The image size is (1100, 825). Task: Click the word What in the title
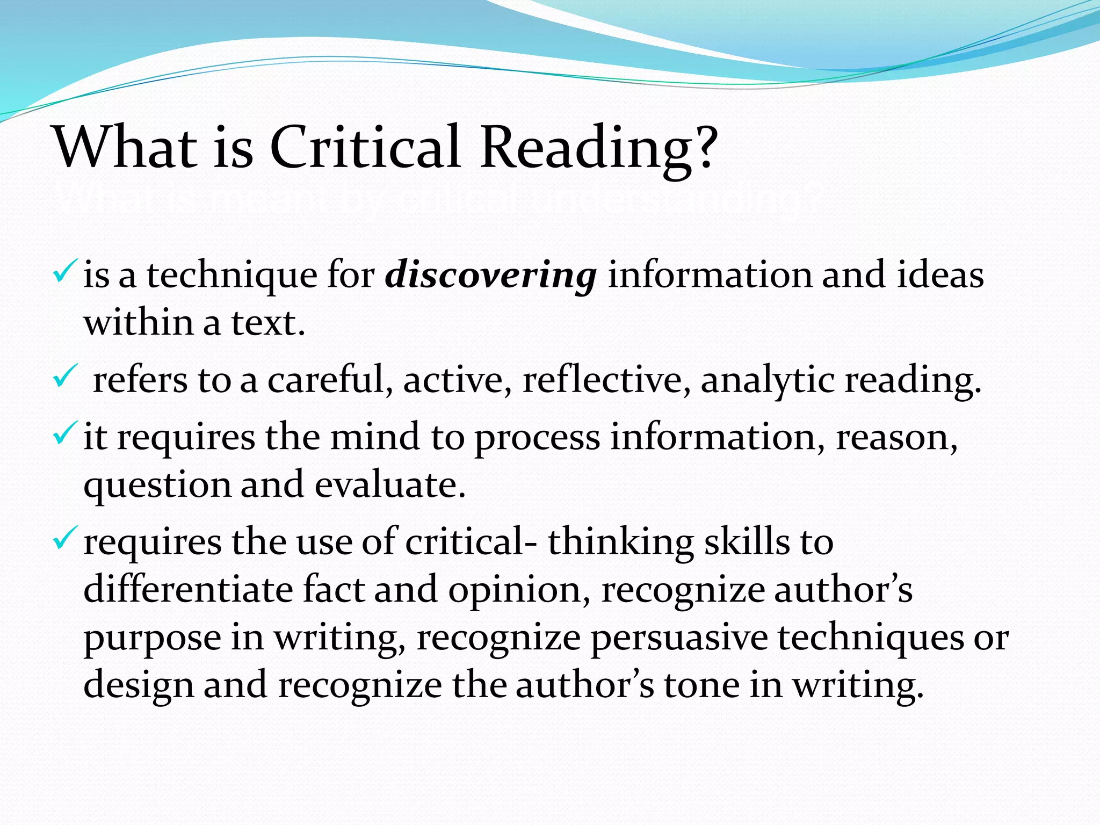coord(126,147)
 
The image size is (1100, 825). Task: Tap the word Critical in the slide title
coord(365,147)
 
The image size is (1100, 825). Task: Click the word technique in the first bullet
coord(232,276)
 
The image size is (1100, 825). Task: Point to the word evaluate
coord(389,484)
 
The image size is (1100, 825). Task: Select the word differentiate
coord(188,589)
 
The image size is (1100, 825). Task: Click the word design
coord(139,686)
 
